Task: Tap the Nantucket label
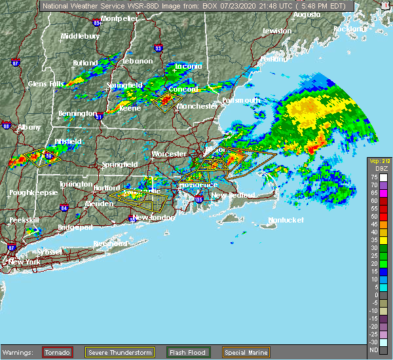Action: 286,220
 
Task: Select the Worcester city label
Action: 168,153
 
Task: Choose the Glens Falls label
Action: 47,84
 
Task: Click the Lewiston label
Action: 276,31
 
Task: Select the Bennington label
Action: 77,114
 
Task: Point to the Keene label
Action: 130,108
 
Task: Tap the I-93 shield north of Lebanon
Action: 158,46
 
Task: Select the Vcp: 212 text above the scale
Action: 379,161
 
